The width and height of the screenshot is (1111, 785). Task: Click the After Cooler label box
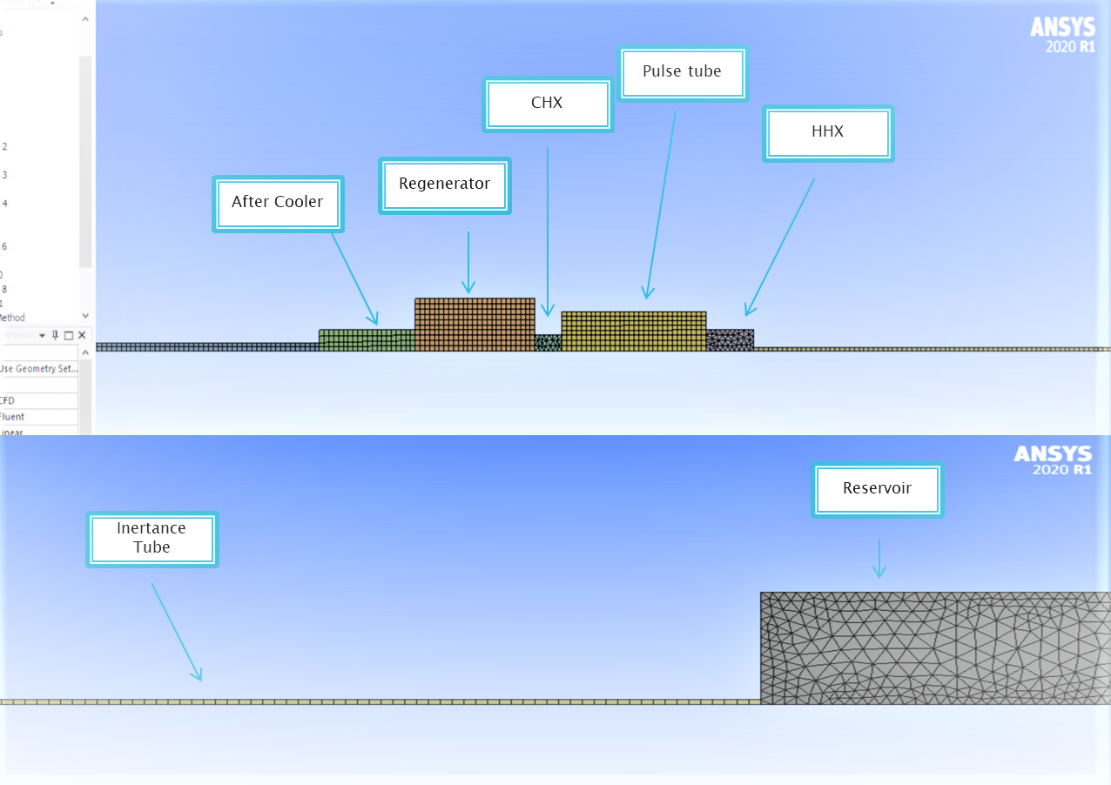[278, 203]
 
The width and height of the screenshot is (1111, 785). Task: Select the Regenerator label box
[444, 185]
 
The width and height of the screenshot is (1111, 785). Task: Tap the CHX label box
[547, 104]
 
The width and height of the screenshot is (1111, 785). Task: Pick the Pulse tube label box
[682, 72]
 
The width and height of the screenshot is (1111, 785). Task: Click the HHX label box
[827, 132]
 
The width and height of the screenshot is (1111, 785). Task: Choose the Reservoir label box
[877, 489]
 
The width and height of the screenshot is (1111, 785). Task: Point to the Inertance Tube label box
[151, 539]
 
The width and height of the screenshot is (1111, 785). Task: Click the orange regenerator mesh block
[475, 324]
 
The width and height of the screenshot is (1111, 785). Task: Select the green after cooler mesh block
[366, 339]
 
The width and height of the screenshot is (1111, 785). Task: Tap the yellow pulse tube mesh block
[633, 331]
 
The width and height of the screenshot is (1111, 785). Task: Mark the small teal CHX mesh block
[548, 343]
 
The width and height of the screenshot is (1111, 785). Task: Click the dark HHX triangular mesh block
[730, 339]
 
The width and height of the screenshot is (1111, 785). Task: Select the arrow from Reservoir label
[879, 559]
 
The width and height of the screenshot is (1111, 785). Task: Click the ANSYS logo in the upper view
[1062, 34]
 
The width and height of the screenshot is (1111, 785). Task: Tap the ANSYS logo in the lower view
[1053, 461]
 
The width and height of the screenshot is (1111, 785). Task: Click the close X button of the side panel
[82, 335]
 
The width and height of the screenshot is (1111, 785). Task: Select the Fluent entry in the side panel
[12, 417]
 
